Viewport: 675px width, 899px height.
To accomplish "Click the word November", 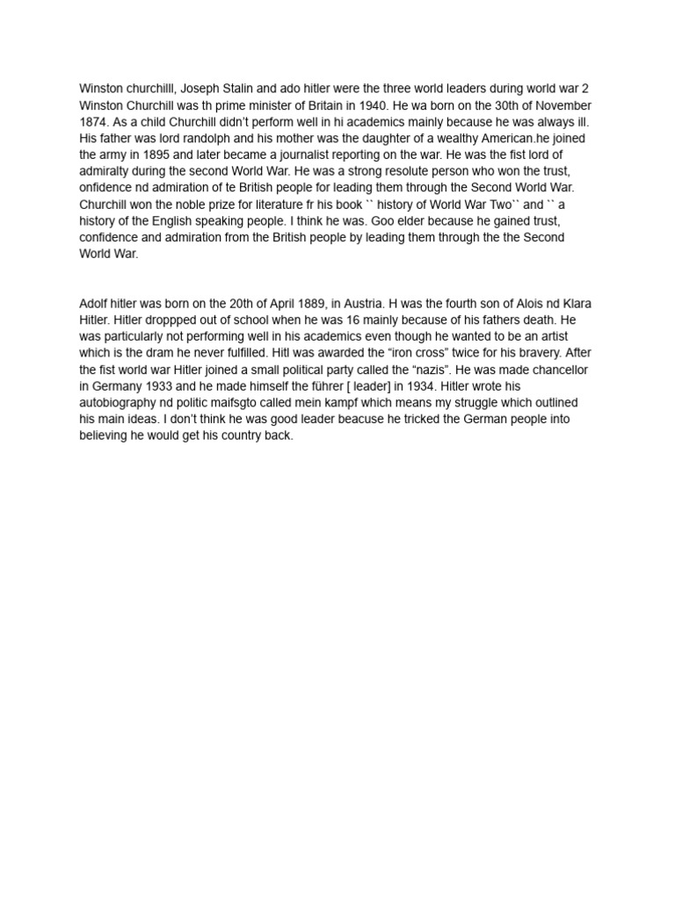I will pos(563,104).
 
